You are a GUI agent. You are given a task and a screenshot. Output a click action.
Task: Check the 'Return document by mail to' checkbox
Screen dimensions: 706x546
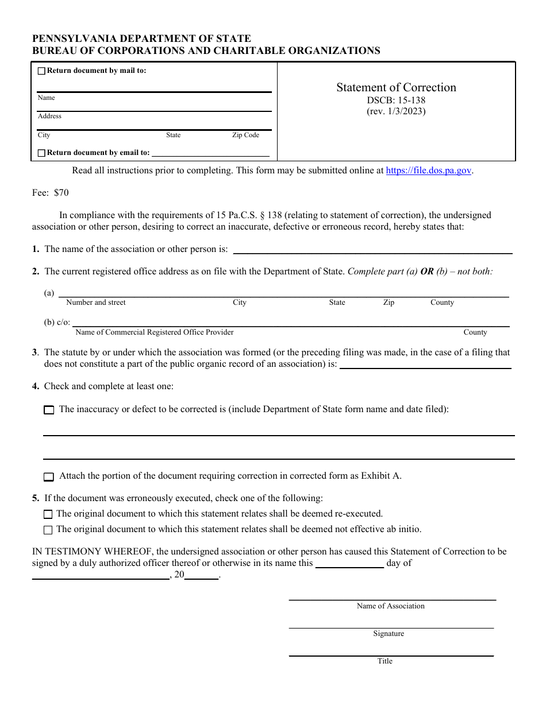tap(41, 71)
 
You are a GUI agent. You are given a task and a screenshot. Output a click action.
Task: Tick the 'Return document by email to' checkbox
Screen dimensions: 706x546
tap(41, 153)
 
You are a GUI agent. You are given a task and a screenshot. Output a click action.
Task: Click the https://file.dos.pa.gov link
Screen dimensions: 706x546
tap(429, 170)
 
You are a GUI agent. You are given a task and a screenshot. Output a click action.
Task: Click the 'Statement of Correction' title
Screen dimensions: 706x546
tap(396, 87)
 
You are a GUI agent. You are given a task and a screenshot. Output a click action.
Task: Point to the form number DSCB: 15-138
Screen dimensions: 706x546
tap(396, 100)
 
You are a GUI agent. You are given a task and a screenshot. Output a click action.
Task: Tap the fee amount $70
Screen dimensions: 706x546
tap(61, 193)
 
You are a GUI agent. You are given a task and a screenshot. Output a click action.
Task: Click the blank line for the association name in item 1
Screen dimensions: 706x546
tap(372, 250)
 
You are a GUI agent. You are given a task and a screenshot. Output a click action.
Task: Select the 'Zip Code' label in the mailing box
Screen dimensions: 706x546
tap(245, 135)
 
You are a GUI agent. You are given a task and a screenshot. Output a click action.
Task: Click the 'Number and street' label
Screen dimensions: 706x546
tap(96, 302)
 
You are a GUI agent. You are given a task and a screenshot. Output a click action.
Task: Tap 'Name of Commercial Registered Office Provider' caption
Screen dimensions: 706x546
tap(155, 332)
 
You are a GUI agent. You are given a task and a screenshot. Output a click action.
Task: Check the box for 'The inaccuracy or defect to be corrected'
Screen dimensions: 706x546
tap(49, 410)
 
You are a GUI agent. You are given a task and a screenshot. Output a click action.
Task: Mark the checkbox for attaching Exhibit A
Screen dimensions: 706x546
tap(49, 476)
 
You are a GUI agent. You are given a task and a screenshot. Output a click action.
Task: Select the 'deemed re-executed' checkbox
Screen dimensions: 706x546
tap(48, 514)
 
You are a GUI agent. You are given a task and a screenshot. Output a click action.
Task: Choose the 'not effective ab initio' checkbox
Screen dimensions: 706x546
tap(48, 530)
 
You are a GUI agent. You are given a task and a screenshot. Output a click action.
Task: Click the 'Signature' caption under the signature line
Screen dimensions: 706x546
tap(389, 634)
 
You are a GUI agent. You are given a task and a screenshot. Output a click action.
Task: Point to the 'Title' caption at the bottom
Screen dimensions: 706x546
tap(384, 661)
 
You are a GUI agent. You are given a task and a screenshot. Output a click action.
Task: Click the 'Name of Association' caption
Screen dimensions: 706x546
tap(390, 606)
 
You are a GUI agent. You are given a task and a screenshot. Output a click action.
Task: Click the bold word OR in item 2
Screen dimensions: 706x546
tap(426, 271)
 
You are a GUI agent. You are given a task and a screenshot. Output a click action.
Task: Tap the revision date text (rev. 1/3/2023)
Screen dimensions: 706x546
tap(396, 111)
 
